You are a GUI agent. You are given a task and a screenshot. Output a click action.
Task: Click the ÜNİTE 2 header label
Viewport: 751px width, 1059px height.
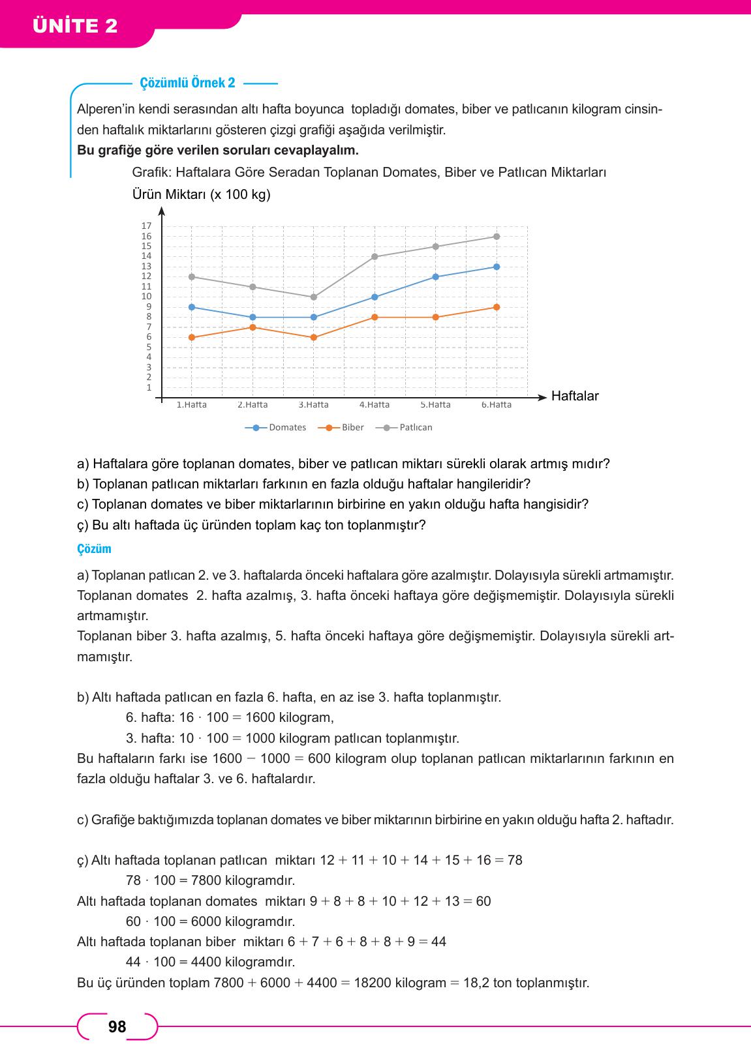tap(75, 27)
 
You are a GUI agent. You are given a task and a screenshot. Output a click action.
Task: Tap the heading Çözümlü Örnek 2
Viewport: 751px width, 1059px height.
tap(187, 83)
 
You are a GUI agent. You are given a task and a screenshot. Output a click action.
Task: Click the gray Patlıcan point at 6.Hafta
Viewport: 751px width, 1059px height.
tap(497, 237)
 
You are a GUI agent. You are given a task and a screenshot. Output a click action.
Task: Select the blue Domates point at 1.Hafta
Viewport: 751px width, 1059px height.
tap(191, 307)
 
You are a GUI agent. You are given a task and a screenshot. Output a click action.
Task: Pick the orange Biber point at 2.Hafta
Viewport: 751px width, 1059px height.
tap(253, 327)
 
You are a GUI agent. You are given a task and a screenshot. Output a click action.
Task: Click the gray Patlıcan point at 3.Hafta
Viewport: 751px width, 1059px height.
tap(313, 297)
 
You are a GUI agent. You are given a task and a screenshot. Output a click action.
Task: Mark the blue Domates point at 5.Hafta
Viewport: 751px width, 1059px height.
tap(435, 276)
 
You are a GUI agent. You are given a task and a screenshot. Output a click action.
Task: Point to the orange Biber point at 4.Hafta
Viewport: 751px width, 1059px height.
tap(375, 318)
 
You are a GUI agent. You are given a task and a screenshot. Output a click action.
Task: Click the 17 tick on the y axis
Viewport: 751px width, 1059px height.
tap(146, 226)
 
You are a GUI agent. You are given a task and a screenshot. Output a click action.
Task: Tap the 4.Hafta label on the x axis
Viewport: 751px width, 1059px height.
tap(375, 405)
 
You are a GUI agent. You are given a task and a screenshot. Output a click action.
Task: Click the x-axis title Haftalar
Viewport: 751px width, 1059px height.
tap(575, 396)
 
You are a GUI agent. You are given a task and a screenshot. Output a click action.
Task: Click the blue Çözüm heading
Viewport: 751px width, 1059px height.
tap(94, 548)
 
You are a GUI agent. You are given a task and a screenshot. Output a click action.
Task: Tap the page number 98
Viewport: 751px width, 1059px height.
tap(117, 1027)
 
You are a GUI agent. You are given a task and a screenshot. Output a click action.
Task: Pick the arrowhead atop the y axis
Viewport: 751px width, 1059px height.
tap(161, 211)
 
